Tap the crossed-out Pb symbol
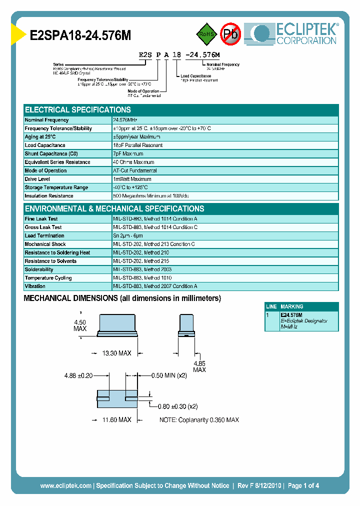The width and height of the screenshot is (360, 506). click(230, 34)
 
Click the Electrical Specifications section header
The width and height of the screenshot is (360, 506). click(78, 110)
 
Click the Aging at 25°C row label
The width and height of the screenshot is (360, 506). click(40, 137)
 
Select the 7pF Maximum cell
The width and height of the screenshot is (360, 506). click(128, 154)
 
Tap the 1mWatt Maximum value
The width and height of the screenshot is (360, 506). click(132, 179)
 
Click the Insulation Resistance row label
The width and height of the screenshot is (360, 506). click(49, 196)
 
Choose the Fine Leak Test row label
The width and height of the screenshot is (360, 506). click(41, 219)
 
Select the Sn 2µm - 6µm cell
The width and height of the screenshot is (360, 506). click(128, 236)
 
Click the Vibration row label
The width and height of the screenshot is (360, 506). click(35, 286)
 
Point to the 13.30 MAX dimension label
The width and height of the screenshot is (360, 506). click(116, 353)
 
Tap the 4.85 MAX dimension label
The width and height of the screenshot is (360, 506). click(199, 366)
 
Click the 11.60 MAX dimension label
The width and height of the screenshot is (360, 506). click(116, 419)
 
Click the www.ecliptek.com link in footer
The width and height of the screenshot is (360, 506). click(65, 485)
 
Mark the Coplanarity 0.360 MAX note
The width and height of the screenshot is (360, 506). click(199, 419)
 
